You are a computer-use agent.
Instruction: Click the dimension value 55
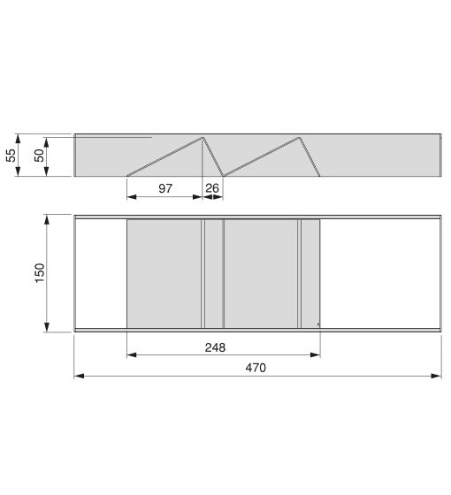coord(11,156)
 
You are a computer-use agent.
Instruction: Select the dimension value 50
coord(39,156)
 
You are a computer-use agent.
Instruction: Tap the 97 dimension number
coord(165,188)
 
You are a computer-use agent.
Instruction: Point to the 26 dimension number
coord(212,188)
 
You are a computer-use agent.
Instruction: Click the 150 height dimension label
coord(40,273)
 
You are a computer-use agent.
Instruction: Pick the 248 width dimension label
coord(216,347)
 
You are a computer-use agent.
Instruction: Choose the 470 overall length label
coord(256,368)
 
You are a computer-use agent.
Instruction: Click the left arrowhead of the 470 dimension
coord(79,376)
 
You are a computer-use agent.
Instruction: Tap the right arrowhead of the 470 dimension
coord(436,376)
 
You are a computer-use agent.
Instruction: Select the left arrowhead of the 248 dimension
coord(132,355)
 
